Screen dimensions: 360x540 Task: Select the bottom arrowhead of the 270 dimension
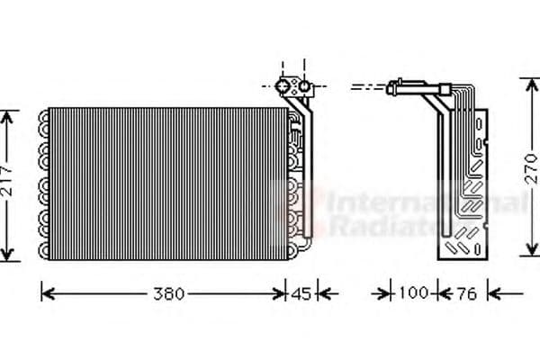[527, 256]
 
